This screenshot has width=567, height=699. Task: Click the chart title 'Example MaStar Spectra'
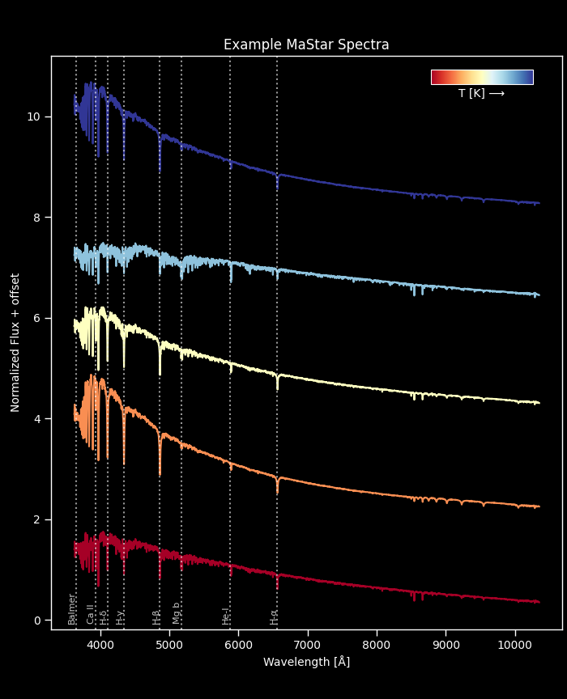(306, 45)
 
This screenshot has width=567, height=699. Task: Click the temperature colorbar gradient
(482, 77)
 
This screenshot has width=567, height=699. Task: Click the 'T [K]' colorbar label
(481, 94)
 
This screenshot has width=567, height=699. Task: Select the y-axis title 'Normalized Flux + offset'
(15, 342)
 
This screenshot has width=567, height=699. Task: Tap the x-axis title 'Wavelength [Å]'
(306, 662)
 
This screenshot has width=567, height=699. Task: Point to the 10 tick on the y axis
(33, 116)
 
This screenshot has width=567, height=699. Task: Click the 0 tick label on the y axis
(36, 621)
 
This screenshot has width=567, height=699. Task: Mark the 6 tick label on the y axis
(36, 318)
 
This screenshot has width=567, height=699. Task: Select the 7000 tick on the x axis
(308, 645)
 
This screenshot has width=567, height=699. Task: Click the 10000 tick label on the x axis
(514, 645)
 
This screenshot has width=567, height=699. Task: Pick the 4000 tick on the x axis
(100, 645)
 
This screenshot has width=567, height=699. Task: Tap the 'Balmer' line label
(72, 609)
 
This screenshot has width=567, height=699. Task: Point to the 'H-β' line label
(157, 616)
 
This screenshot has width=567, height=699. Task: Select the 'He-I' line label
(226, 616)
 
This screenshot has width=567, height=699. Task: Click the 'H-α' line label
(275, 616)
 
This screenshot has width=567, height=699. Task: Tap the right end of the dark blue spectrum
(538, 203)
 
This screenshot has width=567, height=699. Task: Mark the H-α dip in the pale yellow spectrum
(277, 387)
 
